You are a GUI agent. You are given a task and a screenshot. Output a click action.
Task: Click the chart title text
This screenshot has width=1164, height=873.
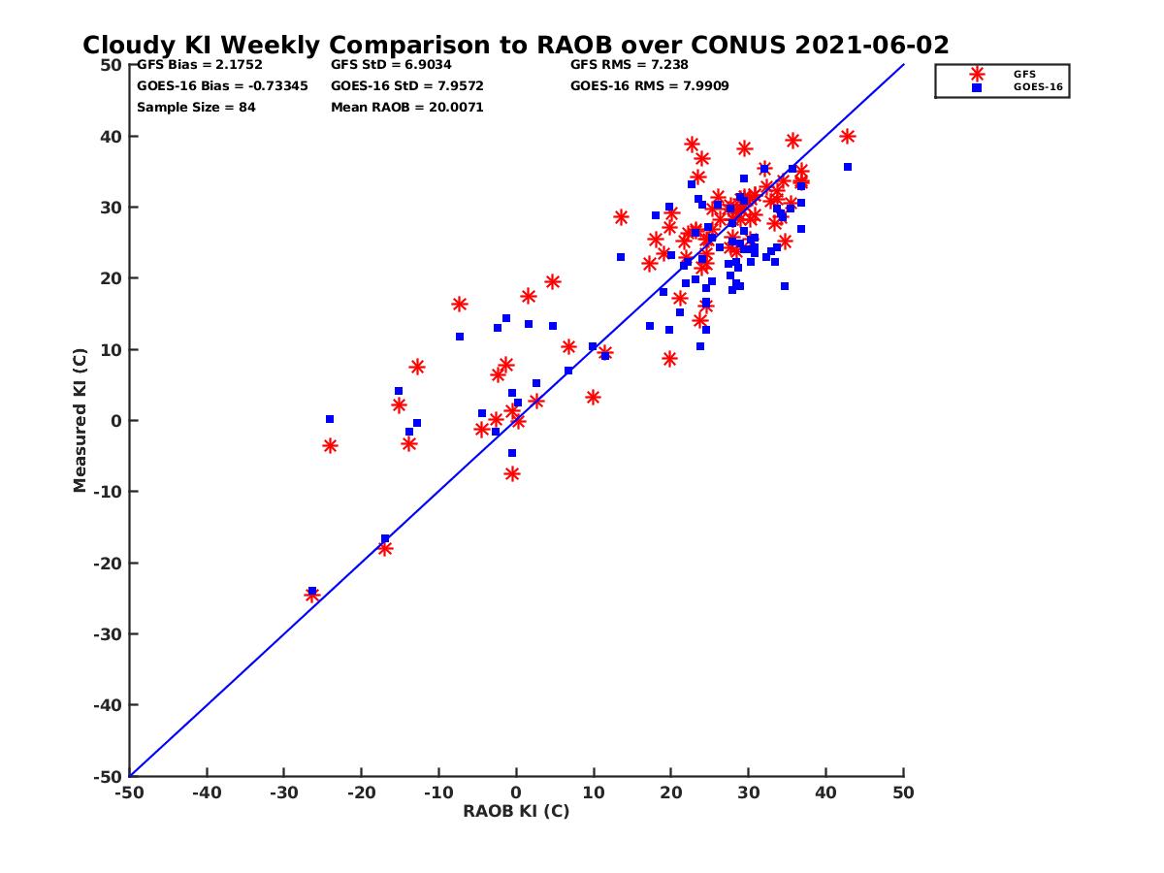pyautogui.click(x=515, y=46)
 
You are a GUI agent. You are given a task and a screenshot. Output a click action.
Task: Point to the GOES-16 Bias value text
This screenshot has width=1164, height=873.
pyautogui.click(x=222, y=85)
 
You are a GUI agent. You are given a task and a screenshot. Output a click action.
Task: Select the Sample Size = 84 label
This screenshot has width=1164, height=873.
pyautogui.click(x=196, y=107)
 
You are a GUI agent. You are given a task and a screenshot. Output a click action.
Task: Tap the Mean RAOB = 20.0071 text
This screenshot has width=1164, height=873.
pyautogui.click(x=406, y=107)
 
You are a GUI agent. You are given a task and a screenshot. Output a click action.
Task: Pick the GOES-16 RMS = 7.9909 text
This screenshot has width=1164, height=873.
pyautogui.click(x=649, y=85)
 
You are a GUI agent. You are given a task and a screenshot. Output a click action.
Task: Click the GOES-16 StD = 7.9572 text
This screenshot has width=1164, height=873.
pyautogui.click(x=406, y=85)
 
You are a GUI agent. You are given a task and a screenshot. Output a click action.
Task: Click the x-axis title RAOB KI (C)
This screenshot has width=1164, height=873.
pyautogui.click(x=516, y=811)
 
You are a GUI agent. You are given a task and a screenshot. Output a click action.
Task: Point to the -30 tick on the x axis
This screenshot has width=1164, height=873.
pyautogui.click(x=283, y=792)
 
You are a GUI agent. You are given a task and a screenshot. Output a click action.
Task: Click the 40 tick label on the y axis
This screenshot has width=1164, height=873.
pyautogui.click(x=112, y=137)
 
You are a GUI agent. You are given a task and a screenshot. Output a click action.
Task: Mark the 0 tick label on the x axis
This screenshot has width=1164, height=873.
pyautogui.click(x=516, y=792)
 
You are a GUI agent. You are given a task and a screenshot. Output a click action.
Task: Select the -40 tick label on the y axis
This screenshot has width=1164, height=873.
pyautogui.click(x=108, y=705)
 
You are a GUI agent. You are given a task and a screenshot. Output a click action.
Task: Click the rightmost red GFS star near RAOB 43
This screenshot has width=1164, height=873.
pyautogui.click(x=848, y=137)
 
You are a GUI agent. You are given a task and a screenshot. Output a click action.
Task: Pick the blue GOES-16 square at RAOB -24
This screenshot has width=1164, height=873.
pyautogui.click(x=330, y=419)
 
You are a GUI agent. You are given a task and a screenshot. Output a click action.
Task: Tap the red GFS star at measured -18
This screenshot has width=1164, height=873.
pyautogui.click(x=385, y=548)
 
